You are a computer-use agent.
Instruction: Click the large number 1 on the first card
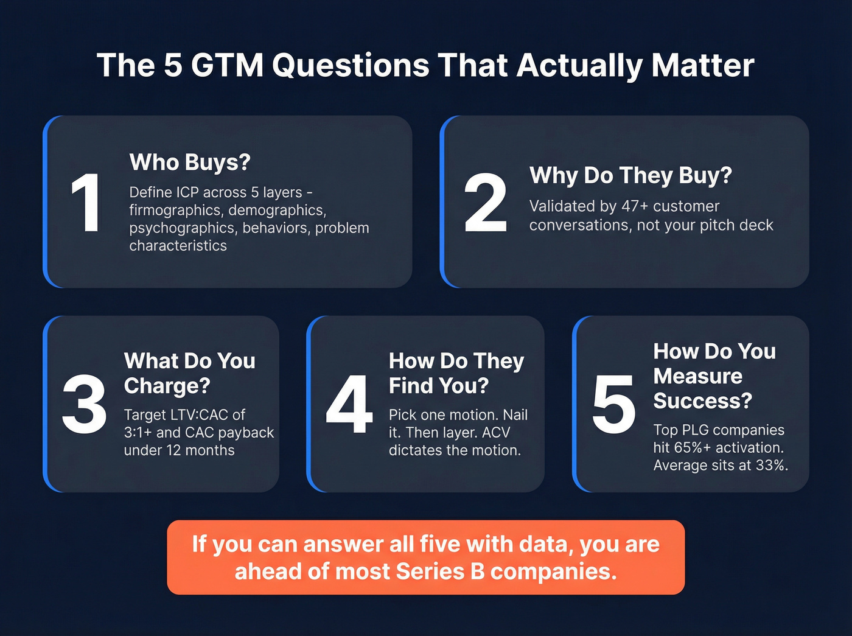(x=85, y=203)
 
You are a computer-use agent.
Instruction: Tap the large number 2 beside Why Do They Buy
(x=485, y=203)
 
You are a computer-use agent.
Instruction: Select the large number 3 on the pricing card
(x=84, y=404)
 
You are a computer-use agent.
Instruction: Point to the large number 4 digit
(x=349, y=404)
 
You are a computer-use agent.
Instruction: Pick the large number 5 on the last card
(x=613, y=404)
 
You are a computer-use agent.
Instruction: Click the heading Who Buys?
(x=190, y=162)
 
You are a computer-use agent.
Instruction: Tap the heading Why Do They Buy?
(x=630, y=175)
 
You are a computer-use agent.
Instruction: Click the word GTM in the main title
(x=227, y=65)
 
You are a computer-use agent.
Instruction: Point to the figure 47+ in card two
(x=635, y=206)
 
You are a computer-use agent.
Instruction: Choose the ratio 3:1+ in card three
(x=138, y=432)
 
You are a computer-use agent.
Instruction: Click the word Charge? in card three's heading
(x=167, y=386)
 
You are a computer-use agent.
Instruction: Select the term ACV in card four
(x=495, y=432)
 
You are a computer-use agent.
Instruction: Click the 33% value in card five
(x=770, y=466)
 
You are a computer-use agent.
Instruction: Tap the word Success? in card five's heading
(x=702, y=401)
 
